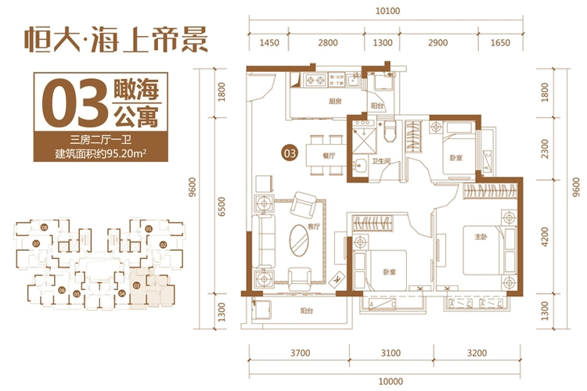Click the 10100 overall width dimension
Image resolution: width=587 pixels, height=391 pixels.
pos(388,11)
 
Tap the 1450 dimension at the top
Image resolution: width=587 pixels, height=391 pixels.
pos(269,41)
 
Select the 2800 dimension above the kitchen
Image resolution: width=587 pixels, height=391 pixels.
pos(328,41)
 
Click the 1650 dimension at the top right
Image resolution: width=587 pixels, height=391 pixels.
pos(499,41)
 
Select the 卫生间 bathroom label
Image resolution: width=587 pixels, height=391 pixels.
pos(381,162)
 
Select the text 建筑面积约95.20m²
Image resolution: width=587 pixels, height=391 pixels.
pos(102,154)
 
